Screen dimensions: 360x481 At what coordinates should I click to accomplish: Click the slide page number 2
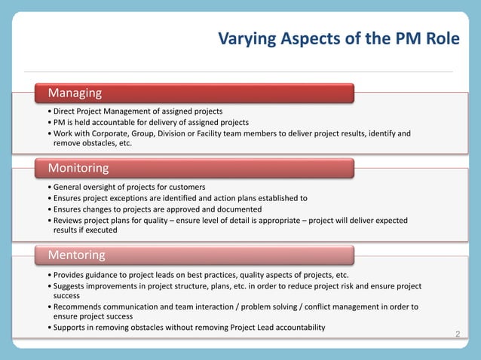tap(457, 332)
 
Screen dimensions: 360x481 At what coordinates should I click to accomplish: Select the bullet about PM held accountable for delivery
tap(148, 122)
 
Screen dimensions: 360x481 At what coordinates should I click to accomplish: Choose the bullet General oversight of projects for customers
tap(126, 187)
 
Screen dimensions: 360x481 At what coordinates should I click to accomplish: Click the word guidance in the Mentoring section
tap(102, 275)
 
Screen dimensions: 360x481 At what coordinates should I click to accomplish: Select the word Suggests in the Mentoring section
tap(70, 286)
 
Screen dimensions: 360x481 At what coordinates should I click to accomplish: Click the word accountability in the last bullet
tap(295, 327)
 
